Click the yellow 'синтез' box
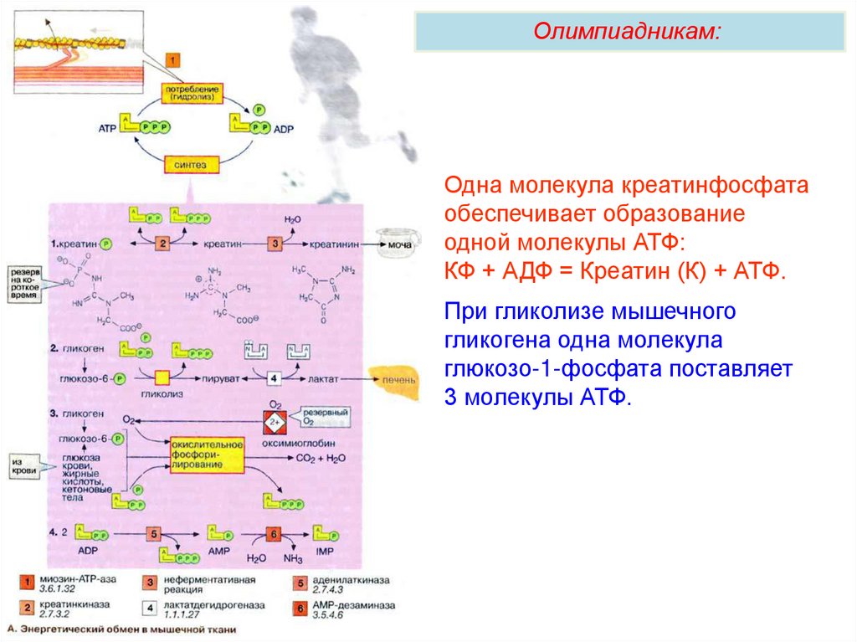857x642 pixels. pos(192,163)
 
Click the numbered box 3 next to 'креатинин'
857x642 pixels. pos(276,243)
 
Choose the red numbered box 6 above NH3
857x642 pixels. pos(273,533)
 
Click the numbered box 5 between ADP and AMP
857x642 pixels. pos(155,533)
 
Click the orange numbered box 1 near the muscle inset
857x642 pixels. pos(172,60)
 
